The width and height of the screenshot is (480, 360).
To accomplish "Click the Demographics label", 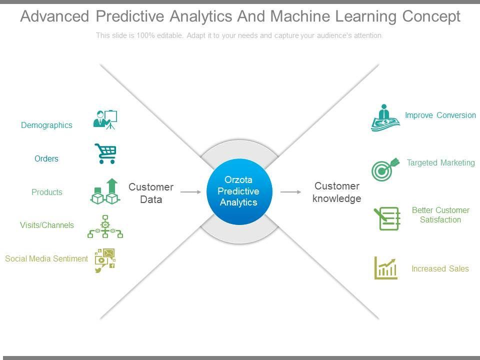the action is point(46,125).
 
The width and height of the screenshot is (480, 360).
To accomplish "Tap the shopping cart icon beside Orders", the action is point(105,153).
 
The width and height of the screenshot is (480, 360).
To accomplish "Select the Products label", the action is point(47,192).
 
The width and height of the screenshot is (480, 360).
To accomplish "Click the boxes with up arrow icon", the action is point(105,191).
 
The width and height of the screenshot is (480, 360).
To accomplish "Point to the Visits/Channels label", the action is point(47,225).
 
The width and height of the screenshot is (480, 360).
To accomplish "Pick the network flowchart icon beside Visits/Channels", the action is point(105,226).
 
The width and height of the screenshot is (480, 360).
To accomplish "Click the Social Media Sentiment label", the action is point(46,258).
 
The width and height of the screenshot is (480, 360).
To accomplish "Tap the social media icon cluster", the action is point(105,260).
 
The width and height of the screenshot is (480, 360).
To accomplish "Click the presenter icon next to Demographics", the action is point(105,119).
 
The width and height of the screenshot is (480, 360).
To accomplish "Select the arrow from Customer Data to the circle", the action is point(190,192).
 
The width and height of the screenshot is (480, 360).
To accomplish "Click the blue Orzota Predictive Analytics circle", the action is point(239,191).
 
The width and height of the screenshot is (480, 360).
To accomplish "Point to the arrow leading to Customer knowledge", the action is point(290,192).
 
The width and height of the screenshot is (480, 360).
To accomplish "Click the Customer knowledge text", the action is point(336,192).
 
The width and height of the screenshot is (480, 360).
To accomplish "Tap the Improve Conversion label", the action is point(440,115).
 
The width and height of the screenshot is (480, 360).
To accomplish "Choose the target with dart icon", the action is point(385,169).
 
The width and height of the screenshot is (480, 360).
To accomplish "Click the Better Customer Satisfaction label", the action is point(440,215).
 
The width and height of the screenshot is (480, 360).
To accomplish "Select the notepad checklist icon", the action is point(387,218).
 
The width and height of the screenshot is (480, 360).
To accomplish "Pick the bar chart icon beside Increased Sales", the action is point(385,268).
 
